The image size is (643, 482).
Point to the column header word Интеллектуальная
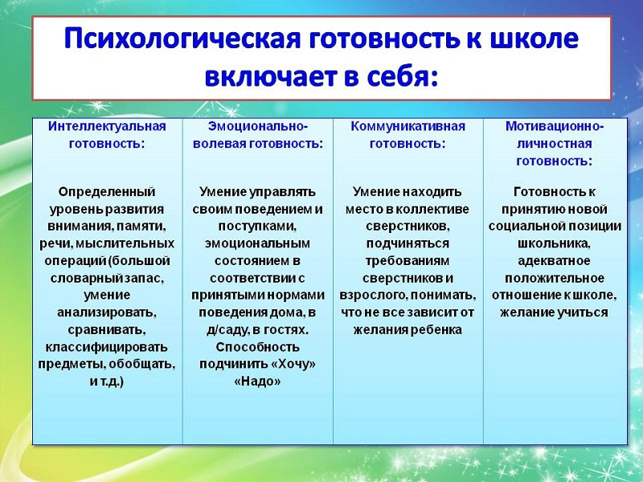(107, 126)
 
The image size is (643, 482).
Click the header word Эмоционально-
(258, 126)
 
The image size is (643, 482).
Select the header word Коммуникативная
(408, 126)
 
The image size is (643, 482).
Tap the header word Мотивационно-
(555, 126)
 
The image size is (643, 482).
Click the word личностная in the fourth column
(555, 144)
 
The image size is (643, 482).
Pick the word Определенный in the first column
(107, 191)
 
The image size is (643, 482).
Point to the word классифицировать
(107, 347)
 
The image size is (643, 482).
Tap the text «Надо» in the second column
(258, 382)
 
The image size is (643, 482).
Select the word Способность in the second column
(258, 347)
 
